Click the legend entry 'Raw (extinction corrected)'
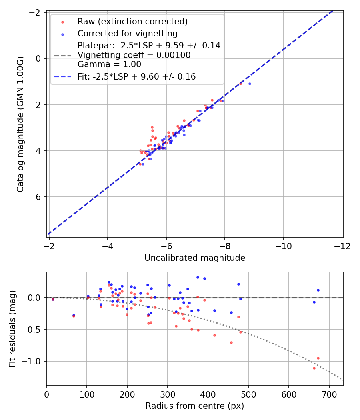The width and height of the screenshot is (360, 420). (132, 22)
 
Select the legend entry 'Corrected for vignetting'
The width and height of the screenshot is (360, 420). (127, 33)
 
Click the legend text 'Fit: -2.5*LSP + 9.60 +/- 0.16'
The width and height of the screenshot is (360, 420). (136, 77)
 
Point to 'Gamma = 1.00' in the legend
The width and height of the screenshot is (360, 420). (109, 64)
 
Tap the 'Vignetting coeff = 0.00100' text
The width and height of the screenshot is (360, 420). (134, 55)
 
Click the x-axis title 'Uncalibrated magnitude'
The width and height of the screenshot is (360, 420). (194, 258)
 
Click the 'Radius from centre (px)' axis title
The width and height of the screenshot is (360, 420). (194, 406)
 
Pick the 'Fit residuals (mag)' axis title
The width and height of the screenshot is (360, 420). (12, 329)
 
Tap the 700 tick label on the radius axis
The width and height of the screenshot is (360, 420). (329, 394)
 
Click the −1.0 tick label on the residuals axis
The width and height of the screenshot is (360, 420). (34, 361)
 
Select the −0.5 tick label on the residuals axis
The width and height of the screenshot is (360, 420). (34, 330)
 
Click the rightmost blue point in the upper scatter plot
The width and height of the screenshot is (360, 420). (250, 84)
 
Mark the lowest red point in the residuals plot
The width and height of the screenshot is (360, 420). (314, 368)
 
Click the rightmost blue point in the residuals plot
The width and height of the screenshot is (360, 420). (318, 290)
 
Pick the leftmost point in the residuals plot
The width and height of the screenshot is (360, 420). (53, 299)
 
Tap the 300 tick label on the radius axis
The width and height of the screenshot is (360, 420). (168, 394)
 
